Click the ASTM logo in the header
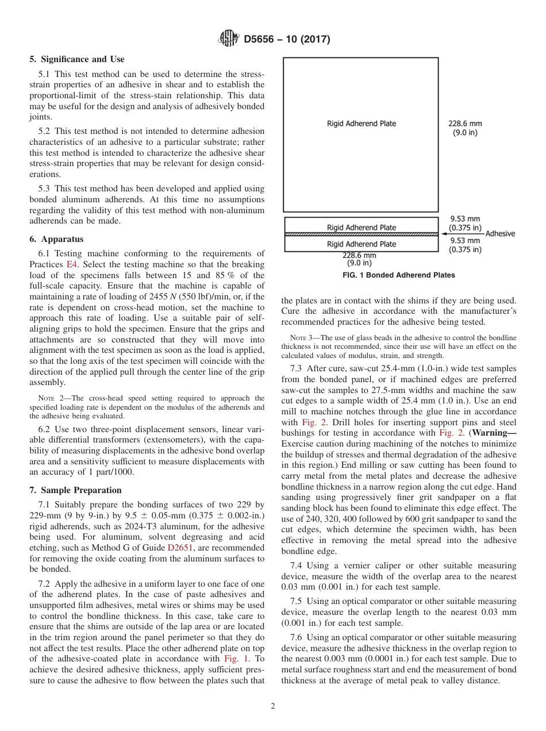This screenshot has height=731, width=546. click(x=229, y=39)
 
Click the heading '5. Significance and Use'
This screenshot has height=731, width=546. click(x=77, y=59)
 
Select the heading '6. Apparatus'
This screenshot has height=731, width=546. click(x=56, y=239)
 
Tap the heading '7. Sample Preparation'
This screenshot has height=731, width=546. click(x=75, y=490)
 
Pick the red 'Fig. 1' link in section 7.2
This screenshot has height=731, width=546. click(x=236, y=659)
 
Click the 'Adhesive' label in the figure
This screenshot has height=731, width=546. click(x=500, y=233)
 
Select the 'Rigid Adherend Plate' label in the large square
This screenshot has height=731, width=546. click(x=362, y=124)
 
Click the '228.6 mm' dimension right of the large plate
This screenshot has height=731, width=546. click(x=465, y=123)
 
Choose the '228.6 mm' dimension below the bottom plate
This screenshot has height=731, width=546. click(x=359, y=255)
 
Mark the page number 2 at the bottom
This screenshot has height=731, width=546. click(x=273, y=706)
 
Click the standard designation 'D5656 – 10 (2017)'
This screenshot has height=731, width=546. click(x=287, y=40)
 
